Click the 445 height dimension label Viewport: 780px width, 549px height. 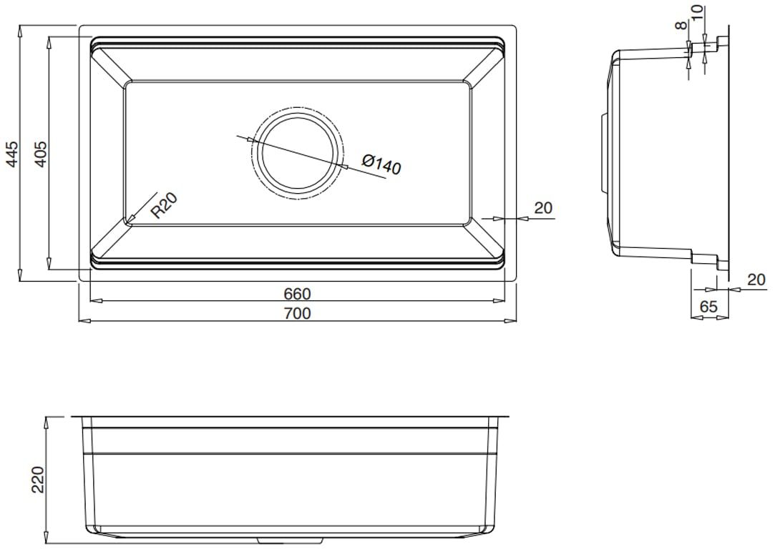tap(11, 154)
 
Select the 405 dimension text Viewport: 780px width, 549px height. tap(41, 154)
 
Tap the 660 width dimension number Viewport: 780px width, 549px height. tap(297, 294)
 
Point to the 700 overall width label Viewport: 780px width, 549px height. tap(297, 313)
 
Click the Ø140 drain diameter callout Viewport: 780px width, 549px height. tap(381, 164)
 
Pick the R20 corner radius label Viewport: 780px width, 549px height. tap(164, 205)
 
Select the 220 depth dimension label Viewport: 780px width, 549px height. tap(38, 480)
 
